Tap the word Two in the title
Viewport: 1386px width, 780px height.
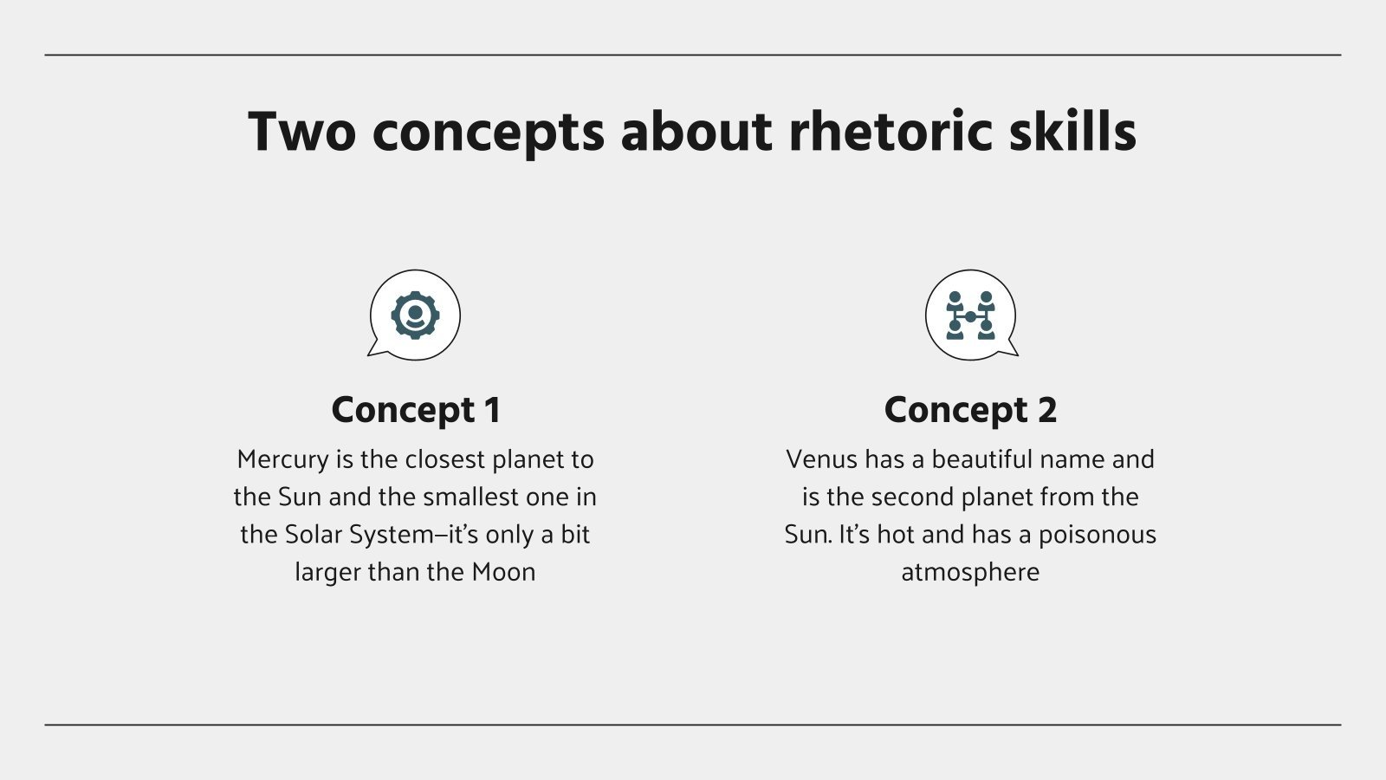click(301, 132)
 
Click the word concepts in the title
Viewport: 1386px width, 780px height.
click(488, 133)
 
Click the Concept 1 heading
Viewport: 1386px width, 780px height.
click(416, 410)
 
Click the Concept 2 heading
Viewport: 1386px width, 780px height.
click(970, 410)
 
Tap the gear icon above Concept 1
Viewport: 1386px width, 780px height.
click(415, 315)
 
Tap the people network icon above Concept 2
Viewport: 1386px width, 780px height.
click(970, 315)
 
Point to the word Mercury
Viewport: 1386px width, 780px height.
click(282, 459)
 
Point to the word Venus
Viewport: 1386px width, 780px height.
click(821, 459)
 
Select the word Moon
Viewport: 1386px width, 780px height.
click(503, 572)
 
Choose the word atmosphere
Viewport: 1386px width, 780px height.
click(970, 572)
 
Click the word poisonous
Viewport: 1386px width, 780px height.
click(1097, 534)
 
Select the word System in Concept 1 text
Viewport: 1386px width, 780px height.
click(390, 535)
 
